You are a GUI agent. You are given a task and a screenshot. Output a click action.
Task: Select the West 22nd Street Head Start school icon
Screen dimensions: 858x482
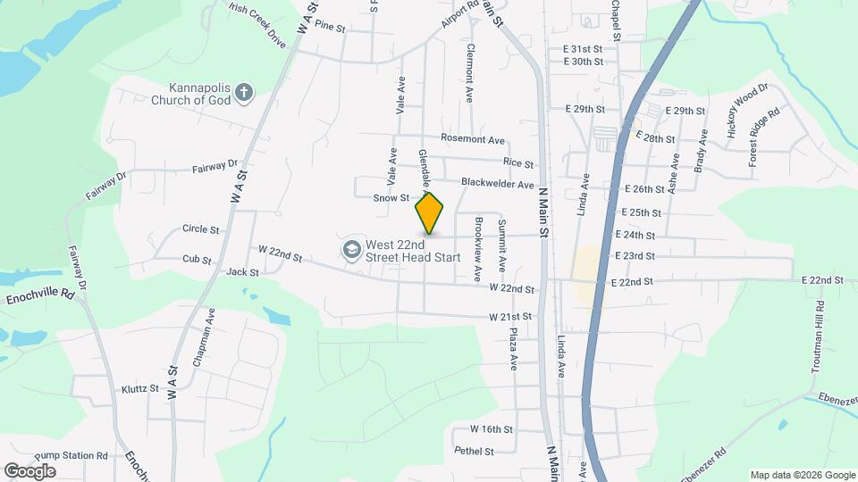pyautogui.click(x=352, y=249)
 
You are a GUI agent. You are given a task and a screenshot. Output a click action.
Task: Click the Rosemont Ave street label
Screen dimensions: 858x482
pyautogui.click(x=473, y=139)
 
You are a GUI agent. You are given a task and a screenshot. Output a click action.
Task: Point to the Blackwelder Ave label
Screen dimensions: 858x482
pyautogui.click(x=497, y=183)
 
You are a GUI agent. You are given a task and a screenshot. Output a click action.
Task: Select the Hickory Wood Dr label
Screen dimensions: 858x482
pyautogui.click(x=747, y=109)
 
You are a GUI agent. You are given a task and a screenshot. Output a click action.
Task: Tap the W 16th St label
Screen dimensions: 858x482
pyautogui.click(x=491, y=429)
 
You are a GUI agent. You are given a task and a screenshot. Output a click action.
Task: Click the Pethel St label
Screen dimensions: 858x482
pyautogui.click(x=474, y=452)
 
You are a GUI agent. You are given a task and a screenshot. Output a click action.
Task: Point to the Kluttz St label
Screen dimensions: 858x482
pyautogui.click(x=139, y=389)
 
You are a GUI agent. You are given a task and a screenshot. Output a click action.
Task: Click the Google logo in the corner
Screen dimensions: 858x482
pyautogui.click(x=29, y=470)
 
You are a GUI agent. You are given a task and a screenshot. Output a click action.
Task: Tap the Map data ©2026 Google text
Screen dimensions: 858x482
pyautogui.click(x=802, y=475)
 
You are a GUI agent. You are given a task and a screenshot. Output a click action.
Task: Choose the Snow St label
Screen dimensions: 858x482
pyautogui.click(x=391, y=197)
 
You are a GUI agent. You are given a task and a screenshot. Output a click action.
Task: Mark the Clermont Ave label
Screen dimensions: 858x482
pyautogui.click(x=469, y=72)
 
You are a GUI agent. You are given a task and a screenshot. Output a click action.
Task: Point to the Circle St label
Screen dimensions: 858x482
pyautogui.click(x=200, y=229)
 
